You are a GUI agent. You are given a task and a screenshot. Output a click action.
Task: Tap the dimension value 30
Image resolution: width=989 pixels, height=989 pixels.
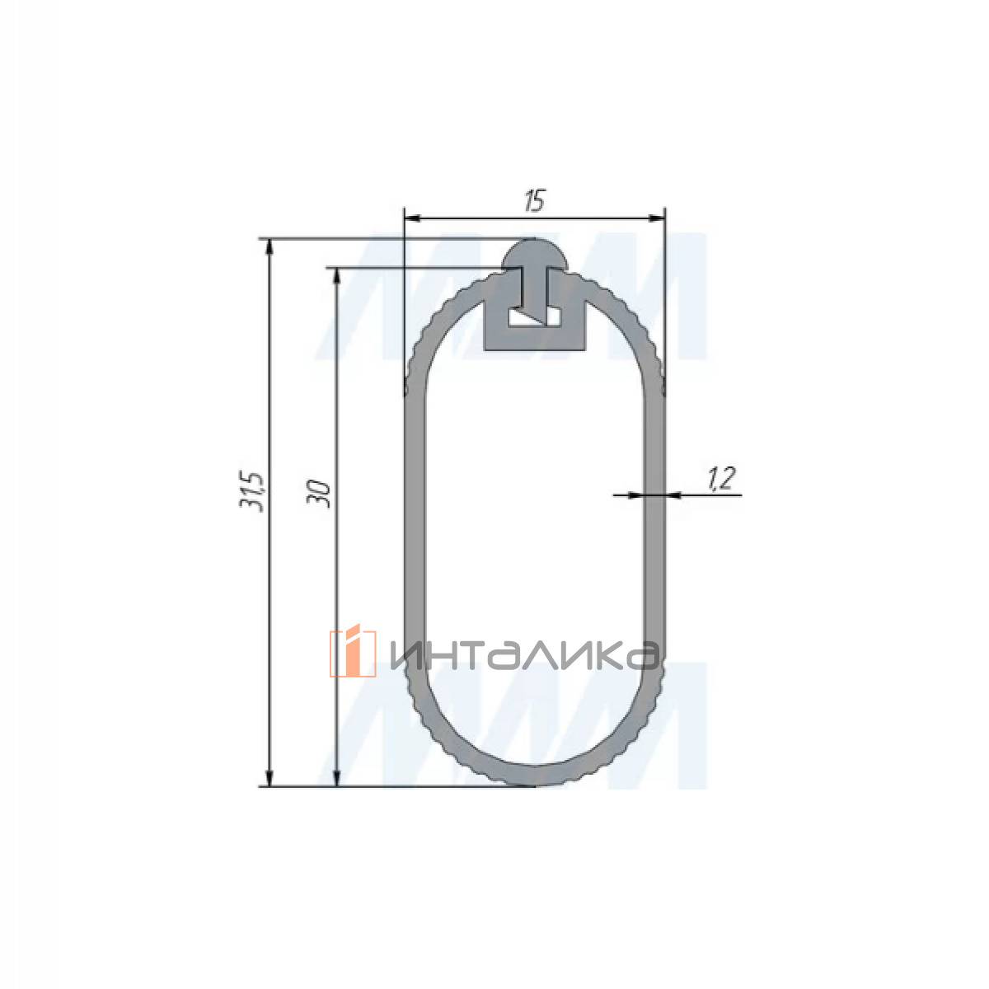[318, 494]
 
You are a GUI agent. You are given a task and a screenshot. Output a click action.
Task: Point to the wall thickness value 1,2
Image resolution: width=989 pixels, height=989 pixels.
[722, 478]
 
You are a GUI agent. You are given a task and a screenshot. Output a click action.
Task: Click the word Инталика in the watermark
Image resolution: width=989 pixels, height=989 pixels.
[523, 655]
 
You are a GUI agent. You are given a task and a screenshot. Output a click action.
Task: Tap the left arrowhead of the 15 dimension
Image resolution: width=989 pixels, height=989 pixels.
[413, 218]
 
